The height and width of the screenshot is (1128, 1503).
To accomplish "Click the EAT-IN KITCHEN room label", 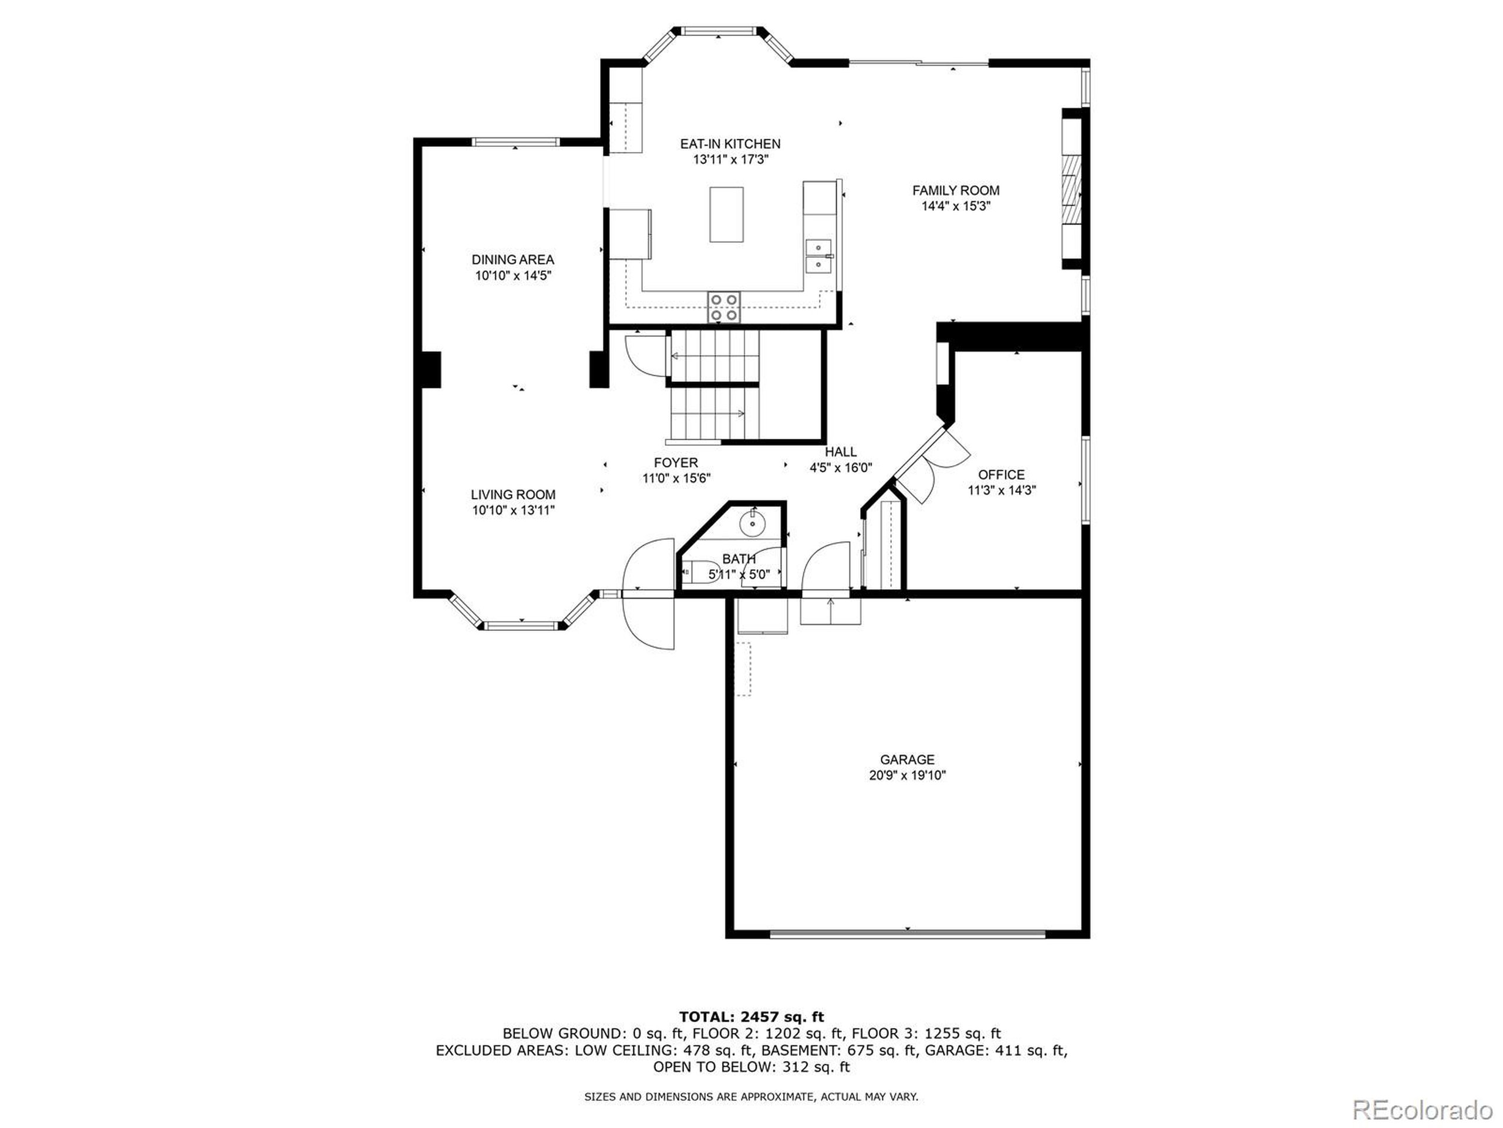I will click(x=730, y=143).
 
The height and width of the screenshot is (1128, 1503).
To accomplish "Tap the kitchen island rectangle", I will click(x=726, y=214).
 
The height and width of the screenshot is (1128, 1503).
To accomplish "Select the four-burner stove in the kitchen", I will click(x=724, y=307).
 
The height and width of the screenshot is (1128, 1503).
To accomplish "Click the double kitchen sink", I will click(x=819, y=256).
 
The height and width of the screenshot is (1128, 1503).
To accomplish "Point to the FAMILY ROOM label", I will click(x=955, y=190).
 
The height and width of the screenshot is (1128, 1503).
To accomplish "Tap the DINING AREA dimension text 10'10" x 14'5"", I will click(x=513, y=276).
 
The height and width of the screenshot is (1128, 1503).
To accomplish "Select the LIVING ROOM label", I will click(x=513, y=494).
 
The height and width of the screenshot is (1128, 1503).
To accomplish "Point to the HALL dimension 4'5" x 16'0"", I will click(x=841, y=468).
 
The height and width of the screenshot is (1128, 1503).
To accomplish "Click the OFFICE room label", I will click(x=1001, y=475).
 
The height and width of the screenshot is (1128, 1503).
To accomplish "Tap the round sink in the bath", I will click(x=753, y=523).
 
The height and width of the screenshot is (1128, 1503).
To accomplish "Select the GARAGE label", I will click(x=907, y=760).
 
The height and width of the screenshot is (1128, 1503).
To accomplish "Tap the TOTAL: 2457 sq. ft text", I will click(x=751, y=1017).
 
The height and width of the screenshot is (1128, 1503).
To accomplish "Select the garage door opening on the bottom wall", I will click(x=907, y=935).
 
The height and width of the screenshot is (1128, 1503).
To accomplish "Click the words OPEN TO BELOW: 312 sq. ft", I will click(x=751, y=1067).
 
